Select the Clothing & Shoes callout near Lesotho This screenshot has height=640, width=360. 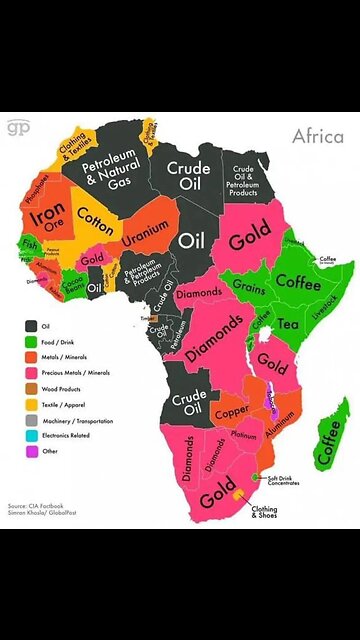click(x=264, y=512)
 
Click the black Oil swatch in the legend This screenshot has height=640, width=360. click(x=31, y=324)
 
